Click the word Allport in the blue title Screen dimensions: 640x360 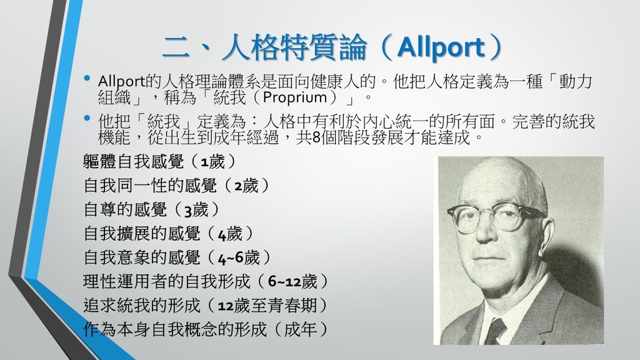point(441,48)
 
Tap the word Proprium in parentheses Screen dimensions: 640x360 point(295,97)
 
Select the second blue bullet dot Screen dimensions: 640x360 point(86,118)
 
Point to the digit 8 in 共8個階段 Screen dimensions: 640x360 point(316,138)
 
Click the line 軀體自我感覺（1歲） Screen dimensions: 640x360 point(159,162)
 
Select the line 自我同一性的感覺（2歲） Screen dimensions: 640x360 point(176,186)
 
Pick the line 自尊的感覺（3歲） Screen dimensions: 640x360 point(151,210)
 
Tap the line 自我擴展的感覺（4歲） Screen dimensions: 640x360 point(168,234)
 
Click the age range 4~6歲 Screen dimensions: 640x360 point(239,258)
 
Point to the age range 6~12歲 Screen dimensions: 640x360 point(292,282)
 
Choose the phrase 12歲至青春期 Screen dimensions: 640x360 point(267,306)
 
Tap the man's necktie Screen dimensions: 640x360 point(496,331)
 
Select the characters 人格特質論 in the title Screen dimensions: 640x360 point(294,48)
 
